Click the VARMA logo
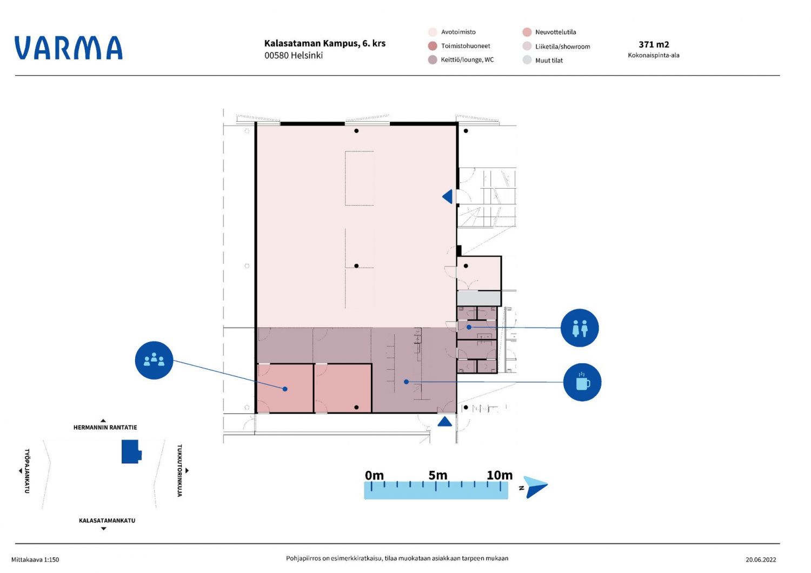(x=69, y=48)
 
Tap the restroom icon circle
(x=580, y=328)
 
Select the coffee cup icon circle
(x=582, y=382)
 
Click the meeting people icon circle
(x=154, y=360)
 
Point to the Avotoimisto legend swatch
(x=433, y=32)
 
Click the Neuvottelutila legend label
(x=555, y=32)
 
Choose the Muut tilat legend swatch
(x=527, y=60)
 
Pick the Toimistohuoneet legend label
(x=465, y=46)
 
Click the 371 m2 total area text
(x=654, y=44)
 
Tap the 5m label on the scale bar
(x=438, y=475)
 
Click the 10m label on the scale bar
(x=499, y=475)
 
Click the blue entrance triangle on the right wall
(x=448, y=197)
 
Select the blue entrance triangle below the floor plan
(x=444, y=422)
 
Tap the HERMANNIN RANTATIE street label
(x=105, y=428)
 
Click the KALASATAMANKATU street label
(x=107, y=521)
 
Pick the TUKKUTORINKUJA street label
(x=179, y=470)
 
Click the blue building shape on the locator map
(x=131, y=452)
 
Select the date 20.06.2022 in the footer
(x=761, y=559)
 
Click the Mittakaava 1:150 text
(x=35, y=559)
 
